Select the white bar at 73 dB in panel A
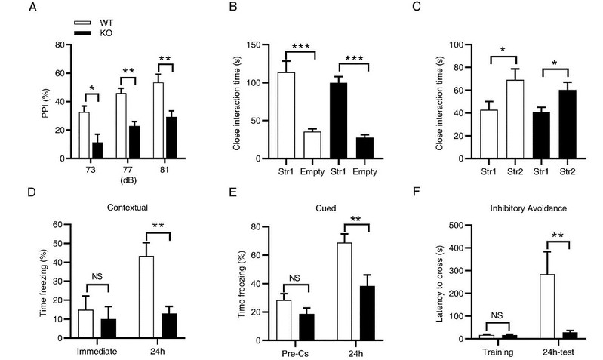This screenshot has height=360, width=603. point(85,136)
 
